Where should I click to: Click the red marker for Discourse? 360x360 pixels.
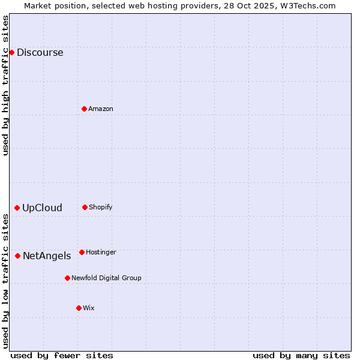pos(11,52)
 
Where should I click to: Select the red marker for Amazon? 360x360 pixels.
pos(84,109)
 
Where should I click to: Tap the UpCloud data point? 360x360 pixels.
pos(17,208)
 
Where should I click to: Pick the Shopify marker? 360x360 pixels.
pos(85,207)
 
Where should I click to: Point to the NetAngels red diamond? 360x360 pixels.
pos(17,256)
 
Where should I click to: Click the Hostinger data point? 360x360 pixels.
pos(82,252)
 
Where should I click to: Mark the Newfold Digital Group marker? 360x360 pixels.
pos(67,278)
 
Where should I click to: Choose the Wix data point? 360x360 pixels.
pos(79,308)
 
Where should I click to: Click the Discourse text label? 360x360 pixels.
pos(40,52)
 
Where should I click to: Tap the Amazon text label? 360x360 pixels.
pos(101,109)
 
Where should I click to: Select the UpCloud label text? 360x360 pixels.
pos(42,208)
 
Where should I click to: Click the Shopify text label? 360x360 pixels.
pos(101,207)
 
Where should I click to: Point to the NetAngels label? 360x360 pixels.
pos(47,256)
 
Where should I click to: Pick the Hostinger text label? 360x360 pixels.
pos(101,252)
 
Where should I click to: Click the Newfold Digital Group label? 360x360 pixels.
pos(106,278)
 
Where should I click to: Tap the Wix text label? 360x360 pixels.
pos(89,308)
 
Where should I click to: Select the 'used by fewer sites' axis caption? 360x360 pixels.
pos(62,355)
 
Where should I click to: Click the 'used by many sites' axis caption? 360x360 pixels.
pos(301,355)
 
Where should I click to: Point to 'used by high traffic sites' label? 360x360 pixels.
pos(5,85)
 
